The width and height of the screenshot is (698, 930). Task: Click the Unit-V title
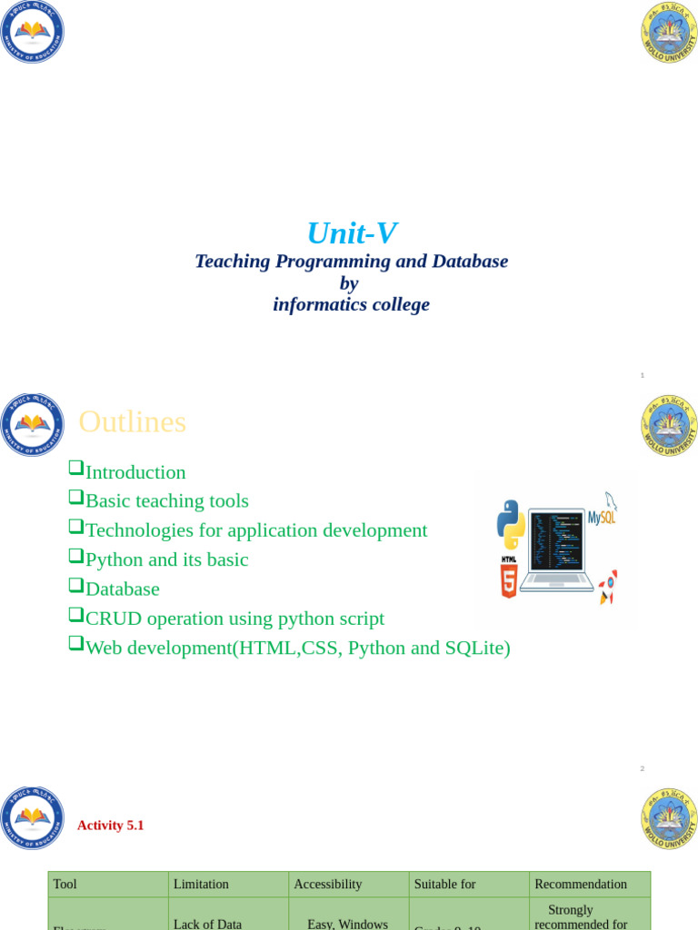click(x=351, y=233)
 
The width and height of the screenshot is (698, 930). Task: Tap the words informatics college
click(x=351, y=305)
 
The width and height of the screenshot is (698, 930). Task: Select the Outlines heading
click(x=133, y=421)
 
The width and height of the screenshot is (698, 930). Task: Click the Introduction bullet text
click(x=135, y=472)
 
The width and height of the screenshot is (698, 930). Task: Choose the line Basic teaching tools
click(x=166, y=501)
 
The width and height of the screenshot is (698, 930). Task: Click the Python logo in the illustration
click(x=511, y=524)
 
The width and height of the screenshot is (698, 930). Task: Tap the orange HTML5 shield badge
click(x=509, y=580)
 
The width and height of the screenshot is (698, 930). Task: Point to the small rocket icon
click(x=608, y=586)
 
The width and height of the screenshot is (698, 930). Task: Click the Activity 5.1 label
click(x=110, y=826)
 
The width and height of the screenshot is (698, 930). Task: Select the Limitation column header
click(x=201, y=884)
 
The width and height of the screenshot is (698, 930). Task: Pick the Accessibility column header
click(x=328, y=884)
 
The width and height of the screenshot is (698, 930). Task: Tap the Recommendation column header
click(x=581, y=884)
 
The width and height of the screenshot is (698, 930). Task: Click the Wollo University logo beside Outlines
click(x=669, y=425)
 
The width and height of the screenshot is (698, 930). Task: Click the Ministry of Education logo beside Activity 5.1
click(x=33, y=817)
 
